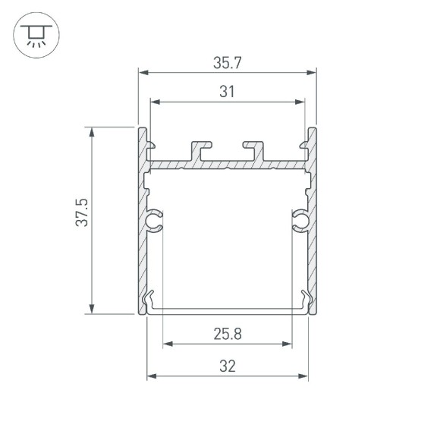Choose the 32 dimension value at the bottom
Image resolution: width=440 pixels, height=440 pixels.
[x=227, y=366]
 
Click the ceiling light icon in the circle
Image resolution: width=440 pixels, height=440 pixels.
[x=34, y=34]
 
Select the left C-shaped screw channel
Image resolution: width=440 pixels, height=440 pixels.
[x=155, y=220]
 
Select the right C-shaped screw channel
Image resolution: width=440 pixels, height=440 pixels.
[x=300, y=220]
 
